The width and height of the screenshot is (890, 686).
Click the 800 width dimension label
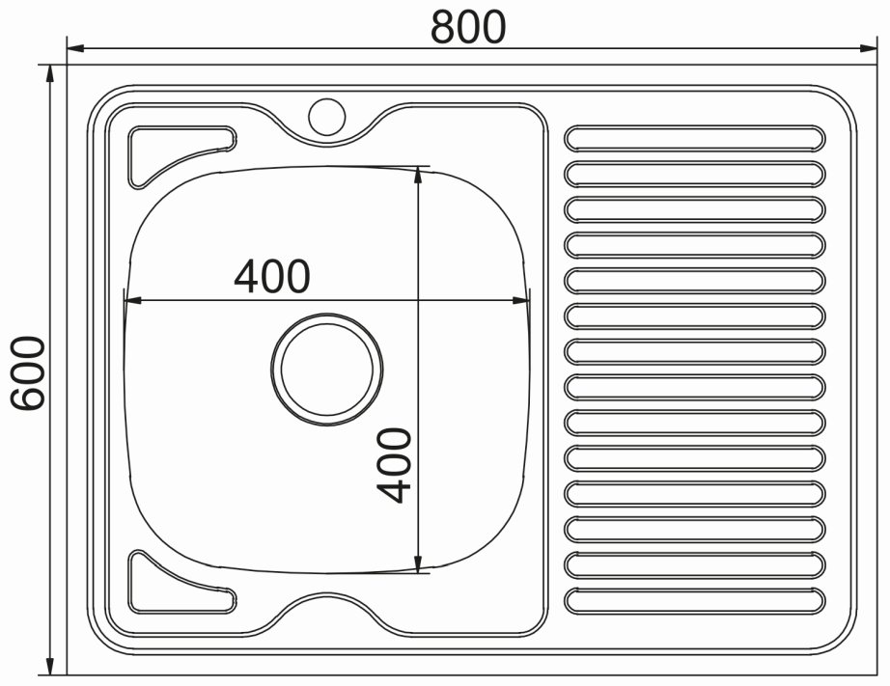pos(468,27)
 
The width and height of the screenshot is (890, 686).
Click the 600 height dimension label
pos(28,372)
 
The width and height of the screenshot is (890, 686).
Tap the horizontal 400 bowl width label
pos(272,276)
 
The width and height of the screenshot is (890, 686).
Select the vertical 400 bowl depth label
pos(393,465)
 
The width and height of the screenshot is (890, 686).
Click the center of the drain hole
pos(327,370)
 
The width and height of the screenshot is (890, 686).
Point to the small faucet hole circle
pos(327,117)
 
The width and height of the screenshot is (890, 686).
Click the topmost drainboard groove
pos(695,138)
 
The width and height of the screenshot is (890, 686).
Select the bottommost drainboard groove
pos(695,601)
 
